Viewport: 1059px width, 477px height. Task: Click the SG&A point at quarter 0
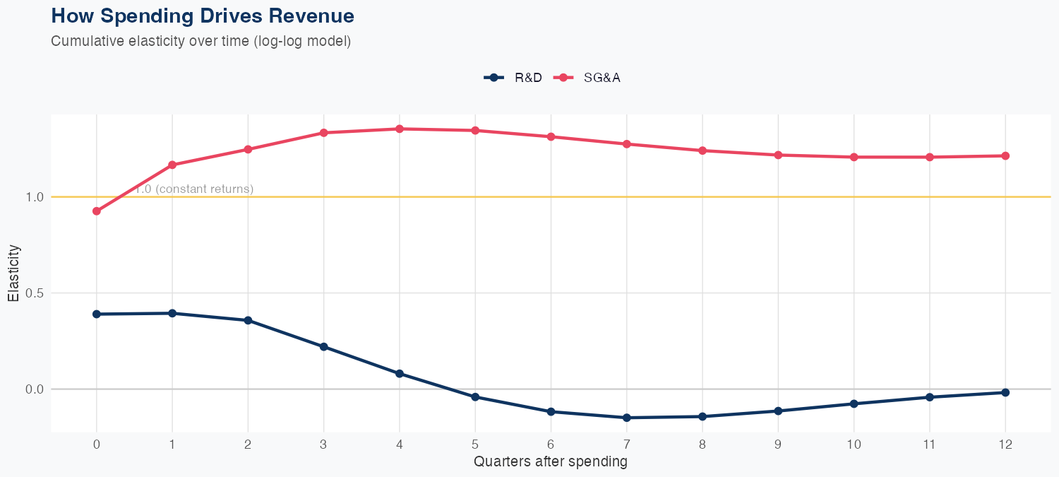coord(97,211)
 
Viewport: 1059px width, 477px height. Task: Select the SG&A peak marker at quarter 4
coord(400,129)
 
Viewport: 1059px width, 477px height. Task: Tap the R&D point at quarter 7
coord(626,418)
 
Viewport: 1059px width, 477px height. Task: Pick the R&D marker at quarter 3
coord(324,346)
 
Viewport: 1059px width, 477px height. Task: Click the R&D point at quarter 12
coord(1005,392)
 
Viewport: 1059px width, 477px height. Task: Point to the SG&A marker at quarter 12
coord(1005,155)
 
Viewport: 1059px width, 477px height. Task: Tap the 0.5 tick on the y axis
coord(35,293)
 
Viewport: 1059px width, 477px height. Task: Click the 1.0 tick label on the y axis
coord(35,197)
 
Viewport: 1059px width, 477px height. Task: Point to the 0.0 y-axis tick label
coord(35,389)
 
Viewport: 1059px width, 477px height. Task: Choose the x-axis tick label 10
coord(854,445)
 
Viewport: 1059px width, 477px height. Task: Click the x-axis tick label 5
coord(475,445)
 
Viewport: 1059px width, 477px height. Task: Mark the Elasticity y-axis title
coord(13,273)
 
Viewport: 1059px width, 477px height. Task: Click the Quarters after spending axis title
coord(550,462)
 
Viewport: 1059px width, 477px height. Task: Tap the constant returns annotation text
coord(194,189)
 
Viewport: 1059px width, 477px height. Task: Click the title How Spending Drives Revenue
coord(203,16)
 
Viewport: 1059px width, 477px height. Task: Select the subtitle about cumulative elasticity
coord(201,41)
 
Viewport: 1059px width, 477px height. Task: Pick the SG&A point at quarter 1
coord(172,165)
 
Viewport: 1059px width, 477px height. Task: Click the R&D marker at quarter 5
coord(475,397)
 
